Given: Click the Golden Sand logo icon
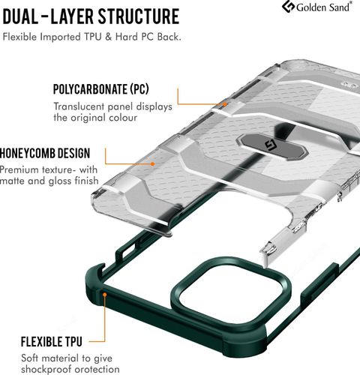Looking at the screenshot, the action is point(288,7).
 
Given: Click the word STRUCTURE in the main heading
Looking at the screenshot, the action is point(139,16).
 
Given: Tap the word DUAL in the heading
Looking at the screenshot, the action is point(20,16).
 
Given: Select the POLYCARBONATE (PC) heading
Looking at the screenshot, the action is point(101,89).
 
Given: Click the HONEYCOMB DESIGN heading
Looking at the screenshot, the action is point(45,153).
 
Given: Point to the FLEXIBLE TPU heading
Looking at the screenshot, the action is point(52,341).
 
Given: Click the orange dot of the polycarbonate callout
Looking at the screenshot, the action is point(225,104).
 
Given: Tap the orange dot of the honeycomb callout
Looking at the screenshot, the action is point(152,164).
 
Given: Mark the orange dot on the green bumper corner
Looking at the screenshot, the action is point(105,295).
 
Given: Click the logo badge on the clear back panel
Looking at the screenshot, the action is point(272,146).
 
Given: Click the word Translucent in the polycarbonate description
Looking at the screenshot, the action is point(79,106).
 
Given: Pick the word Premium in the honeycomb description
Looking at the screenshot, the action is point(19,169).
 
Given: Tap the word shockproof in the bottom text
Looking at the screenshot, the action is point(46,369).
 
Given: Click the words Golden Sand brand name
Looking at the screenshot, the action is point(323,7).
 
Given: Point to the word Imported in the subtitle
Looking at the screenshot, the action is point(61,37).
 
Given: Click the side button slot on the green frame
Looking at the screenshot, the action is point(129,250).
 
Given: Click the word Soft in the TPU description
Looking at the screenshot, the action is point(29,358).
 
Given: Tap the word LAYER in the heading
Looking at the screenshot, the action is point(73,16).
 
